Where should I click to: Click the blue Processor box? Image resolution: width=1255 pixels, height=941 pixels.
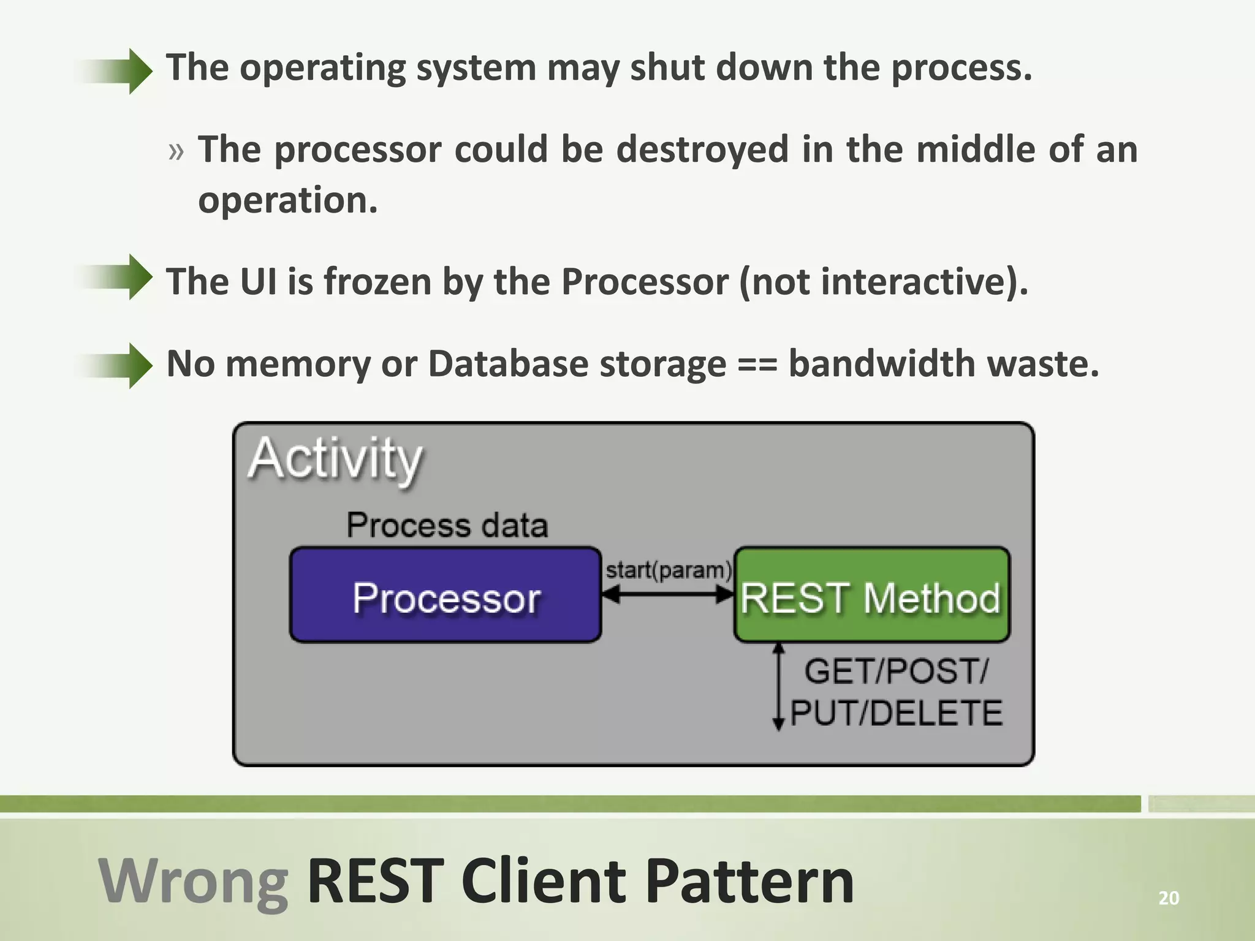[x=446, y=595]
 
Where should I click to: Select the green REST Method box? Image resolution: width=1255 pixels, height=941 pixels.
[x=871, y=595]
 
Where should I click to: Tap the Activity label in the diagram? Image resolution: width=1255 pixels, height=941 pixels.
[x=335, y=459]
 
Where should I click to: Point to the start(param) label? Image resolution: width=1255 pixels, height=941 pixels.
[x=668, y=570]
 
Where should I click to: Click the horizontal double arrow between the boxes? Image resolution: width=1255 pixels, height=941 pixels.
[x=668, y=593]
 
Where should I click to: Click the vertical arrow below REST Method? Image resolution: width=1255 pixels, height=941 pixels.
[x=778, y=686]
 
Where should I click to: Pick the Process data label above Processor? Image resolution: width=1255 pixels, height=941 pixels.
[x=447, y=525]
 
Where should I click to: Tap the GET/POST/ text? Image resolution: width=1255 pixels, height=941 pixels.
[x=895, y=671]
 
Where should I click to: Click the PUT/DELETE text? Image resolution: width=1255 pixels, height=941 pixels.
[x=896, y=713]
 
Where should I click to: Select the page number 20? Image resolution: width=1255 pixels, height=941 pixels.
[x=1169, y=898]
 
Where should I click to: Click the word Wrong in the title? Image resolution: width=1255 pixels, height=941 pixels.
[x=194, y=881]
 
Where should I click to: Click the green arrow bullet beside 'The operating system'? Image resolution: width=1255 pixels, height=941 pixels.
[x=116, y=71]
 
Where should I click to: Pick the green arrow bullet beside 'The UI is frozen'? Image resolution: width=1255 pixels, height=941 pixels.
[x=116, y=277]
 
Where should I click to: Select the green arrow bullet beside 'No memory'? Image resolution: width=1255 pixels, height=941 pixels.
[x=116, y=366]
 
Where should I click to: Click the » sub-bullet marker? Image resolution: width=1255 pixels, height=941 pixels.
[x=176, y=151]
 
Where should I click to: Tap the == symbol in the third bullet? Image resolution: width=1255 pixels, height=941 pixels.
[x=757, y=364]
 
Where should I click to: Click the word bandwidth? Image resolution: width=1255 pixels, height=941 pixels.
[x=881, y=364]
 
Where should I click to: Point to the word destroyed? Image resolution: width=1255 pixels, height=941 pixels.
[x=702, y=149]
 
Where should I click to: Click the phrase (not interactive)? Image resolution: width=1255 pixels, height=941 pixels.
[x=883, y=282]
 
